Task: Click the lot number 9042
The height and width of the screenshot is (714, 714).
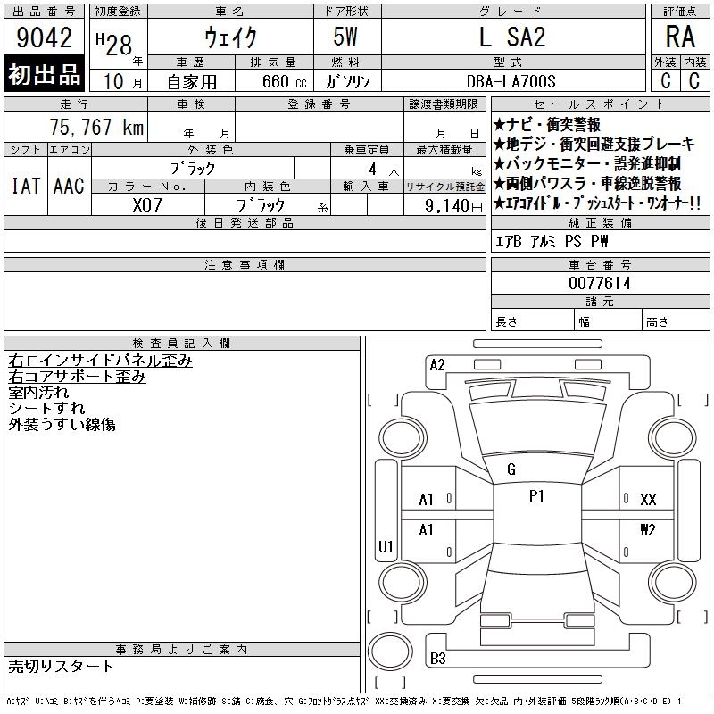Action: [x=44, y=37]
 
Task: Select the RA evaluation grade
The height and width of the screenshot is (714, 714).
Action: [x=680, y=37]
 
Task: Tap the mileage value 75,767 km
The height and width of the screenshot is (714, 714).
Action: [x=96, y=127]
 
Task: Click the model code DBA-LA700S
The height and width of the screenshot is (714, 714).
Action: [x=511, y=81]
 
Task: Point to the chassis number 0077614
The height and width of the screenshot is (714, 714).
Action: [x=599, y=283]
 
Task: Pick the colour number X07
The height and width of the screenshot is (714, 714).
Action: [x=147, y=205]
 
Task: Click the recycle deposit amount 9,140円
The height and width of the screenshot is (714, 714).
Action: [x=453, y=206]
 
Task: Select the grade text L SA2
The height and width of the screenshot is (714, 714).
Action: [x=512, y=37]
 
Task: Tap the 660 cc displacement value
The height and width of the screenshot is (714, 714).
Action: [x=284, y=82]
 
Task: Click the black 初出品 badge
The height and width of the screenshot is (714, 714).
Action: [x=44, y=74]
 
